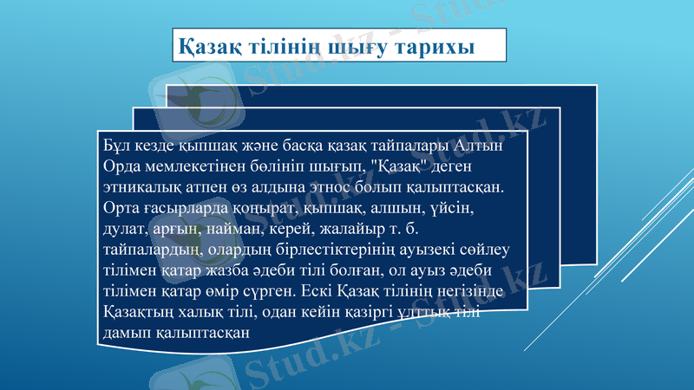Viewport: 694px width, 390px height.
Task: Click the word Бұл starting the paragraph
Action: [x=116, y=146]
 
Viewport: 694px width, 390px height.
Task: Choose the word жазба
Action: [x=218, y=270]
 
